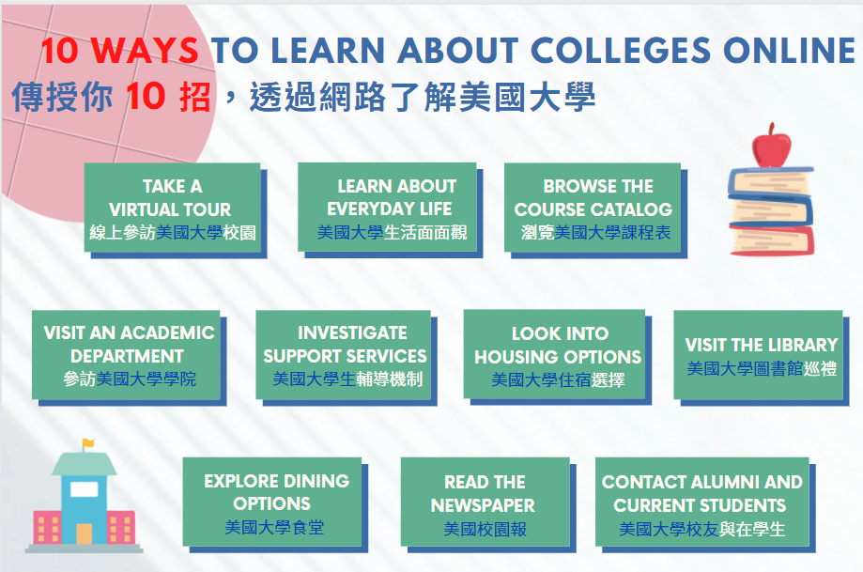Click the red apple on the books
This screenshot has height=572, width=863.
click(x=771, y=147)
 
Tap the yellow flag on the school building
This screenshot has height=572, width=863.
click(x=88, y=443)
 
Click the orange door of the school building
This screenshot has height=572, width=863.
click(x=85, y=533)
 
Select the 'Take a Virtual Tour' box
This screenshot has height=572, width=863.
click(x=172, y=208)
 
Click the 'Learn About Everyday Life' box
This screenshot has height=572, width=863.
click(x=387, y=207)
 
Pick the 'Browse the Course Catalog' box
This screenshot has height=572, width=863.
click(x=593, y=208)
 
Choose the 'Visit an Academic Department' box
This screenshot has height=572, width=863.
click(x=126, y=354)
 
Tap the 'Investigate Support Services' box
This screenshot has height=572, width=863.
click(x=344, y=354)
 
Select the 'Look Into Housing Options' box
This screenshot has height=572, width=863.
click(x=554, y=354)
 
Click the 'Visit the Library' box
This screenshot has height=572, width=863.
click(x=759, y=354)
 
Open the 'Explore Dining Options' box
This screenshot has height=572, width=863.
click(x=272, y=502)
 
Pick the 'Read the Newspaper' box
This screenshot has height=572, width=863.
click(x=485, y=502)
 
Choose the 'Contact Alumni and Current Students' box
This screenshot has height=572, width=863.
click(x=702, y=502)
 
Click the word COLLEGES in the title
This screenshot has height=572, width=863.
click(x=621, y=50)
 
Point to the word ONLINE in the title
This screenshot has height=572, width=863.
click(x=789, y=50)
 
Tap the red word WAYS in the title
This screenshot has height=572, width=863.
click(x=145, y=50)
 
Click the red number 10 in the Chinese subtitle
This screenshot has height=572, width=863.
click(x=146, y=96)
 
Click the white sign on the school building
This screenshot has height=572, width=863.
click(x=85, y=488)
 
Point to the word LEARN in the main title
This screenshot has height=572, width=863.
click(x=328, y=50)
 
